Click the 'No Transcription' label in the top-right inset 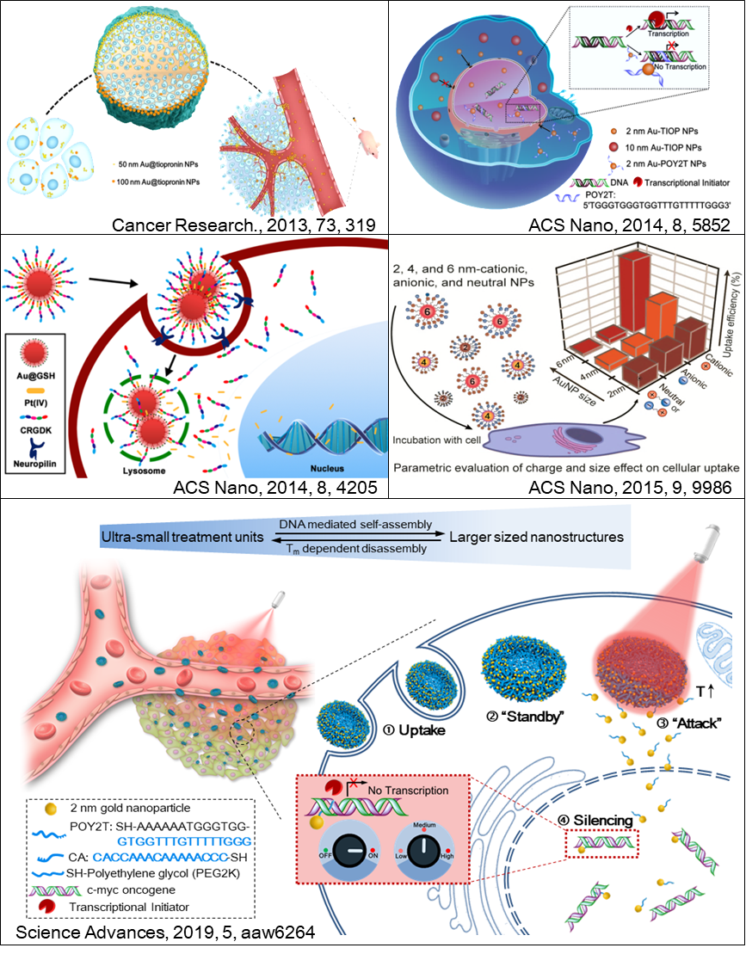click(x=673, y=66)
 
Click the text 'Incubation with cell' click(x=435, y=440)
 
